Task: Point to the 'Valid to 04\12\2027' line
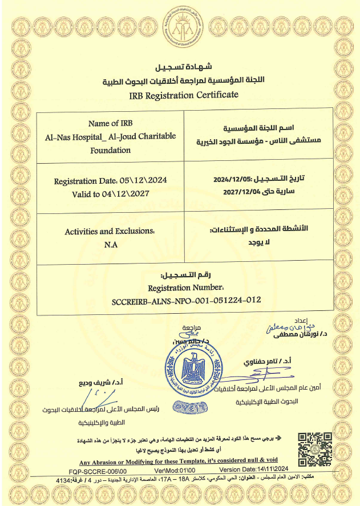click(x=111, y=194)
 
